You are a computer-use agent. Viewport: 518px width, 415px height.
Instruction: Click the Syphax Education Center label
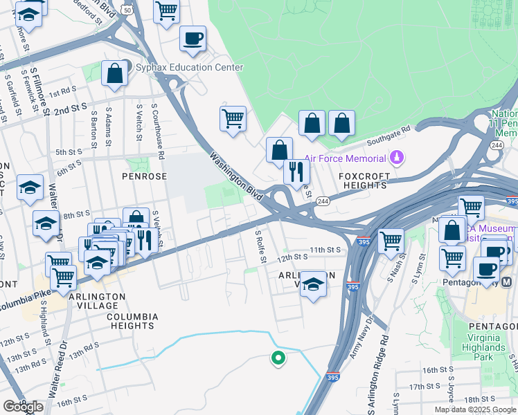click(189, 67)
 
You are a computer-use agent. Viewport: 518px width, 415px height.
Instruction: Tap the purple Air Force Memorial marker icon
click(397, 157)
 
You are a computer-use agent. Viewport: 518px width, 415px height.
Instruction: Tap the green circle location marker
click(278, 358)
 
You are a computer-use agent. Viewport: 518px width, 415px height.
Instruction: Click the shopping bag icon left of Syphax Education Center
click(114, 73)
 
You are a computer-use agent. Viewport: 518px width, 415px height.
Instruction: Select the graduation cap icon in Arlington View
click(313, 284)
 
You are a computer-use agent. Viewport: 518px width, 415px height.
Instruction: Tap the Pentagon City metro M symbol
click(506, 282)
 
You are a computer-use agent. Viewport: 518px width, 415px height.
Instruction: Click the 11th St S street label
click(325, 249)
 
